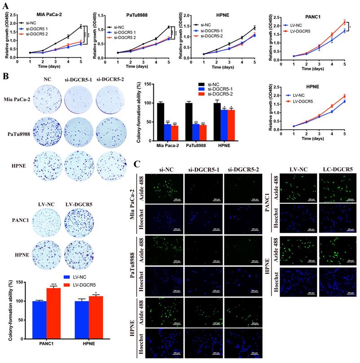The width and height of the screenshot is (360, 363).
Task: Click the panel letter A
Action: (5, 5)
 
